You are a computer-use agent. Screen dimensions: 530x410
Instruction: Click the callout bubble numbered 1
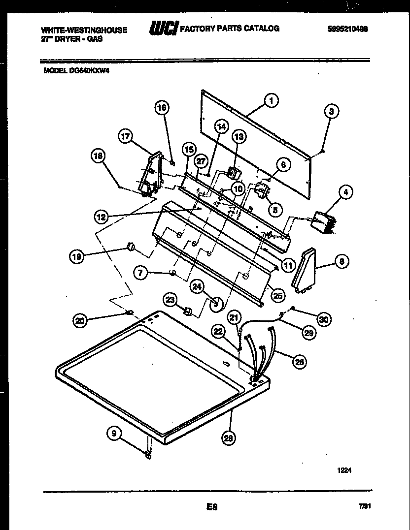coord(271,100)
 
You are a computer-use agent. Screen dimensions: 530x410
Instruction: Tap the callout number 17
coord(126,137)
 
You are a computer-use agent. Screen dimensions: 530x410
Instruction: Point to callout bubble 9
coord(114,433)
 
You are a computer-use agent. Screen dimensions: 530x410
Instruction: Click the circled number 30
coord(324,319)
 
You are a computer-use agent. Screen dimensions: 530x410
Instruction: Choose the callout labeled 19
coord(76,255)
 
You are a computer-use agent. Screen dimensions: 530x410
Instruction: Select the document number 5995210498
coord(347,30)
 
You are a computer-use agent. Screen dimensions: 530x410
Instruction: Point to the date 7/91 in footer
coord(365,505)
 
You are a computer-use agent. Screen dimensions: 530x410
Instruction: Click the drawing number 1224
coord(344,470)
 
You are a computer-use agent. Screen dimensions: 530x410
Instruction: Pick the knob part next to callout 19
coord(131,246)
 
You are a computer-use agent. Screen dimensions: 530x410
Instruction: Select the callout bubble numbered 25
coord(278,295)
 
